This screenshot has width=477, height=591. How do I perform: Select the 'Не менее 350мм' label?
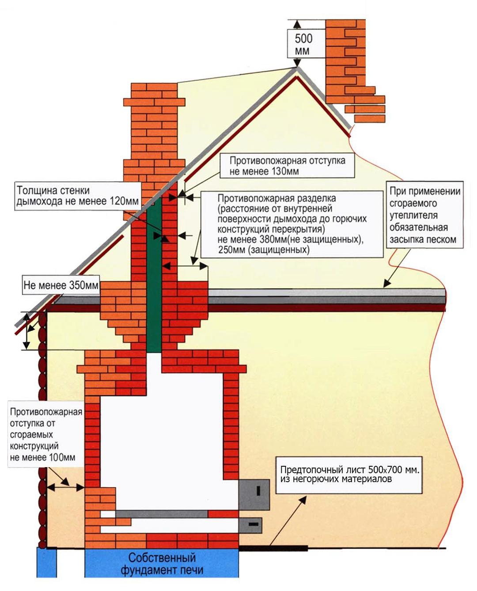(x=61, y=285)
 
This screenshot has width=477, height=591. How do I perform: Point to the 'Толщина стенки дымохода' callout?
(x=77, y=196)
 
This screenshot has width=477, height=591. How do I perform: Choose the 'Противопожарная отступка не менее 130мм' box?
(x=287, y=165)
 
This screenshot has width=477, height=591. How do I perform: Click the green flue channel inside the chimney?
(x=154, y=274)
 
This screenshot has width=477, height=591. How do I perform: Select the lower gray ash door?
(x=251, y=525)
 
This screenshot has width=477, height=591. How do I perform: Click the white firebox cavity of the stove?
(x=163, y=442)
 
